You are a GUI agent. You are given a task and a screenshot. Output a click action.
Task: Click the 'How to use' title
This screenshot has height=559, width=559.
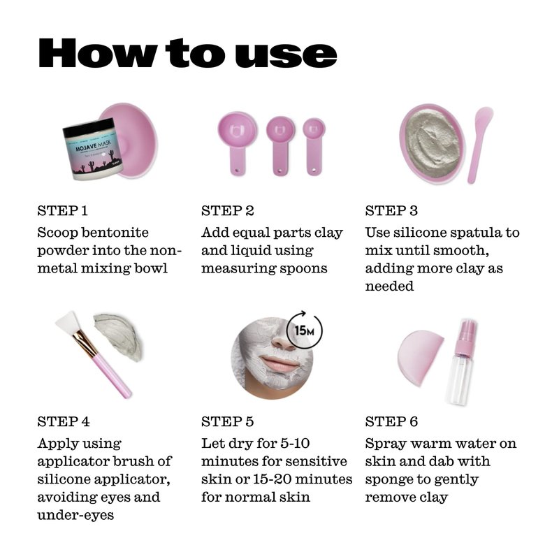(187, 53)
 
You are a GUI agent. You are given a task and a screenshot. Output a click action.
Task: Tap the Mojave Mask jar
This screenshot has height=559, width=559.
(94, 149)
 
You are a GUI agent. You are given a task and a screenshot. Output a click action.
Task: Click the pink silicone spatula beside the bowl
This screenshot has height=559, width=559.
(480, 144)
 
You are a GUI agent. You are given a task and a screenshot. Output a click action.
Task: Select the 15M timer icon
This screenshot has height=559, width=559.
(305, 330)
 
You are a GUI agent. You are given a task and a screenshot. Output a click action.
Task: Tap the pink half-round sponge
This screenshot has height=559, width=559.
(421, 358)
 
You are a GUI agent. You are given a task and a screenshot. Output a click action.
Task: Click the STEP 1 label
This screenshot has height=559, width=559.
(62, 211)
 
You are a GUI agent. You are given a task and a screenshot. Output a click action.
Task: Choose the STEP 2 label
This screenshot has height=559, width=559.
(228, 211)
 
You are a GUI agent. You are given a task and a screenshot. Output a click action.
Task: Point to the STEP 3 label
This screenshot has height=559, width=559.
(391, 211)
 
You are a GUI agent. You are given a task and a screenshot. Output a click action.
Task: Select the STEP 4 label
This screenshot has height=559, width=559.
(64, 421)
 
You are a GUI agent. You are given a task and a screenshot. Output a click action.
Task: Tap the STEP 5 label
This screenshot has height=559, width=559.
(228, 421)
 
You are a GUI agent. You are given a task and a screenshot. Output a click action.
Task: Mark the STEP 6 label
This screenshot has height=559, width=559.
(391, 421)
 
